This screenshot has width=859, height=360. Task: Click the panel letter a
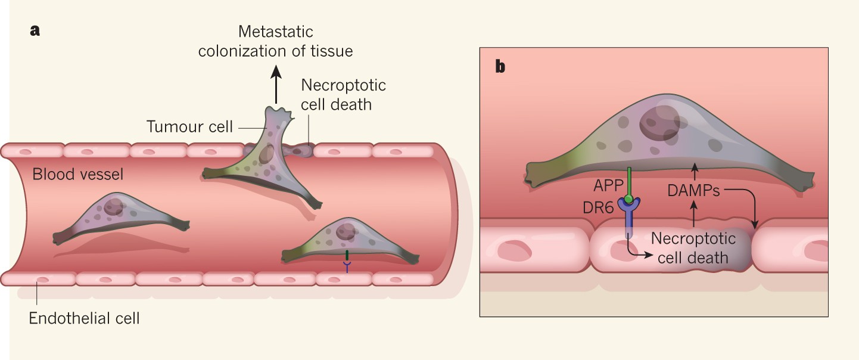point(35,31)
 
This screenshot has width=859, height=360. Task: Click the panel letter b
point(500,66)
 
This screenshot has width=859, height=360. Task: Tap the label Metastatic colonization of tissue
point(275,41)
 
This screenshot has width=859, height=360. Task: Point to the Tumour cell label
point(189,126)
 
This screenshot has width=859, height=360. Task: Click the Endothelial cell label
point(84,318)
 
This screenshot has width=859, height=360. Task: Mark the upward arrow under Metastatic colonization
point(276,85)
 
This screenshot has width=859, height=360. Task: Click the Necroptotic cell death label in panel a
point(343,95)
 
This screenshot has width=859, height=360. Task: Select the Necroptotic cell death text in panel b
point(693,249)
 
